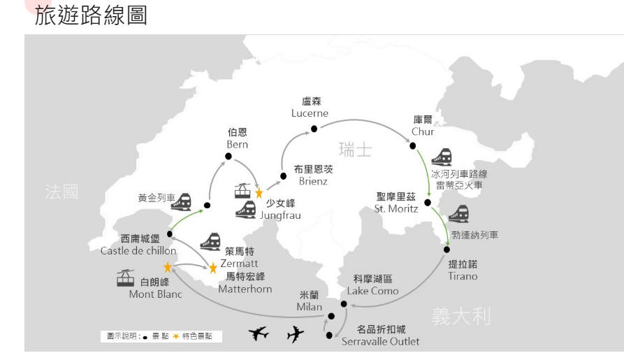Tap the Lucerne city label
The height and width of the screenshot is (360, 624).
coord(311,107)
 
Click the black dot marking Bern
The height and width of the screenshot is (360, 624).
coord(228,156)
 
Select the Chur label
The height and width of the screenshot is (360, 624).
coord(423,126)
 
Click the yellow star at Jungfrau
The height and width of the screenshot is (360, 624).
coord(259,193)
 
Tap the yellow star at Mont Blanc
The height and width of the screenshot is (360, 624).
coord(168,267)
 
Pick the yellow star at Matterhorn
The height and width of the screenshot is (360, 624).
coord(213,268)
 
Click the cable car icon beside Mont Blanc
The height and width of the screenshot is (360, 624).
coord(126,278)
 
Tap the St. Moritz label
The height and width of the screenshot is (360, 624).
coord(396,203)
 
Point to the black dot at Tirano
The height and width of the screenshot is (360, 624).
coord(447,249)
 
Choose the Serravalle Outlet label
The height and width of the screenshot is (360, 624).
coord(380,336)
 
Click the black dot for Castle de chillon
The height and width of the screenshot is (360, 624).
coord(170,234)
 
